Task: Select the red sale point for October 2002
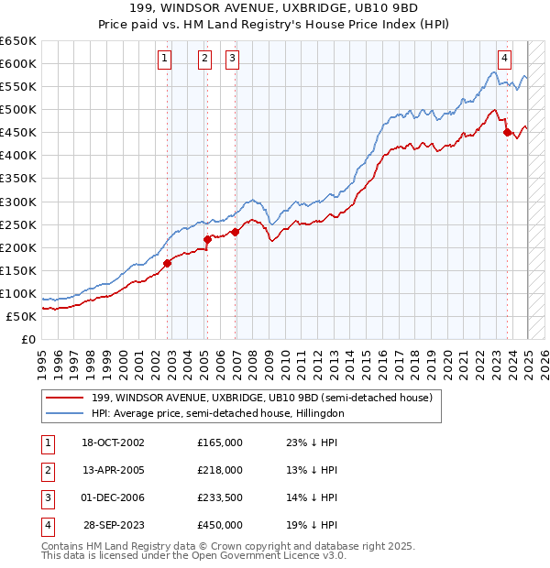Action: (168, 263)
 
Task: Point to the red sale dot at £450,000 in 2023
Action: (507, 132)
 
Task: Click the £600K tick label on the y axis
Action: (18, 63)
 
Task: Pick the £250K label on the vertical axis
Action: (18, 224)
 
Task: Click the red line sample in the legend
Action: (64, 398)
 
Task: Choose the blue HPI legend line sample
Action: (64, 413)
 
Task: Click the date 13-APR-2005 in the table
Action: (114, 470)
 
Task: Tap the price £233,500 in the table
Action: (219, 497)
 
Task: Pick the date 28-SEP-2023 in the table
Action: (114, 525)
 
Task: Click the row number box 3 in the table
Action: (46, 497)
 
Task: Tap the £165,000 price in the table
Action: (219, 442)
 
